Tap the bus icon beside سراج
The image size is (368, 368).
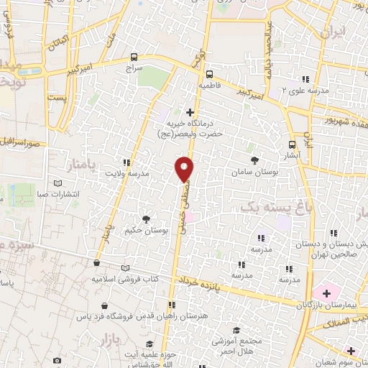(x=134, y=57)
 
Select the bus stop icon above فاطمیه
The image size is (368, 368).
(x=209, y=74)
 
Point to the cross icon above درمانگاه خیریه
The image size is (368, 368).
(x=190, y=112)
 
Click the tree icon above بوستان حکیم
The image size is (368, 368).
(x=146, y=219)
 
